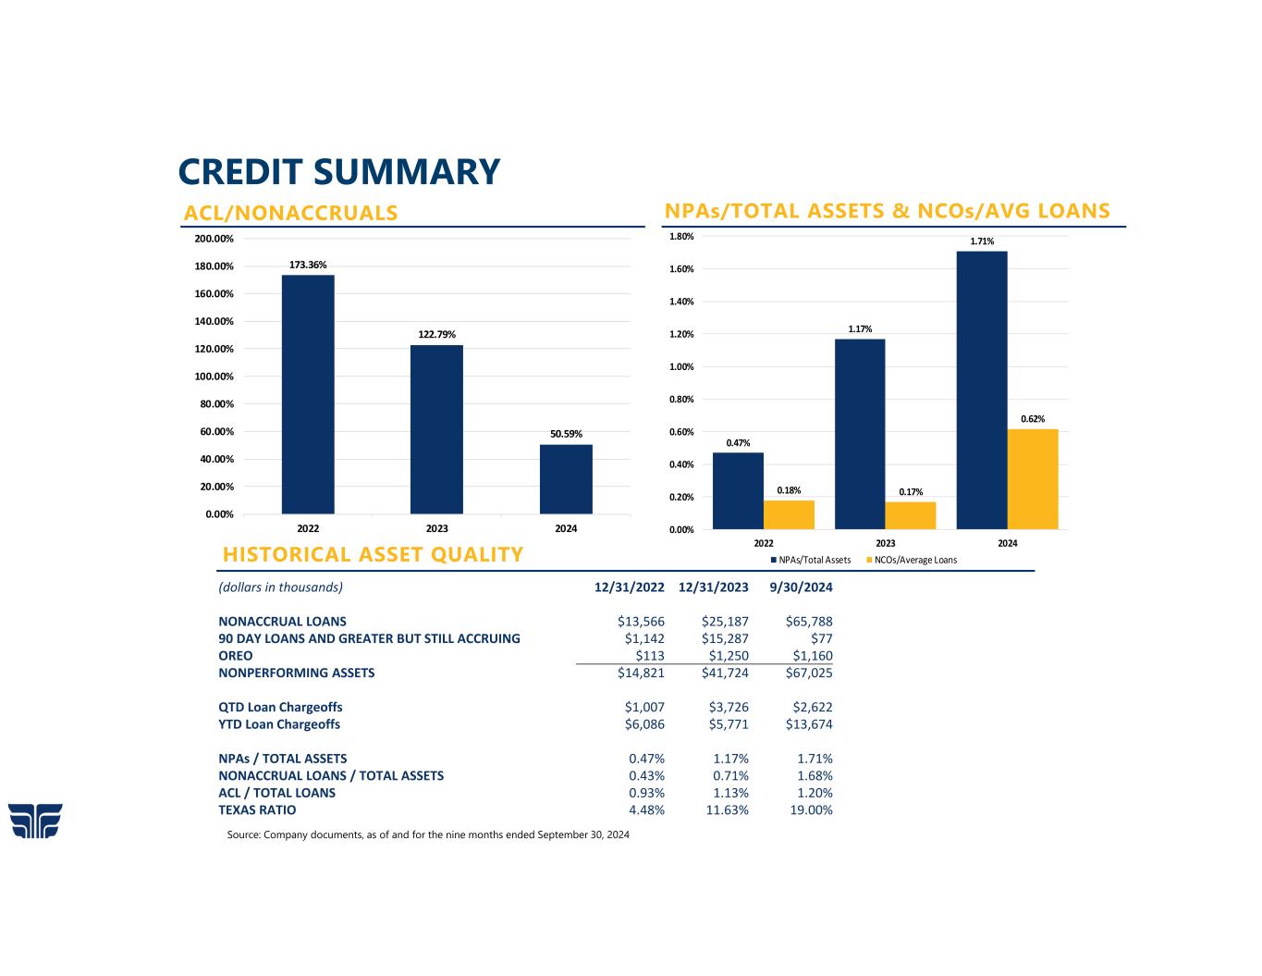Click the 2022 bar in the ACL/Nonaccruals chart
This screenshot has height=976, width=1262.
[308, 394]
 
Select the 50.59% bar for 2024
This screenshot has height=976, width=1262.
[566, 479]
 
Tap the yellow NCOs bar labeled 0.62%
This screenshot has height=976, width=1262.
[1033, 479]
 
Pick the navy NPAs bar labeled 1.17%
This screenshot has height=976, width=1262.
[860, 434]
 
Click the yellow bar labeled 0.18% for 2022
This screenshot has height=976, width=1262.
[789, 514]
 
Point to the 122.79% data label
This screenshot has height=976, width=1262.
[436, 334]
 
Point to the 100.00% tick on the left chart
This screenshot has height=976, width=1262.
[214, 377]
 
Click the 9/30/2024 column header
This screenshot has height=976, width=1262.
[801, 587]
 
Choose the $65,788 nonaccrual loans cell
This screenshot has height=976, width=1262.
[808, 622]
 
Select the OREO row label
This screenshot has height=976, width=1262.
[236, 656]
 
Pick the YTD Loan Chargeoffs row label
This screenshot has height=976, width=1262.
[279, 724]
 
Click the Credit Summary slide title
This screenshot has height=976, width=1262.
[338, 172]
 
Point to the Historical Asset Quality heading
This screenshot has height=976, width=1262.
[373, 554]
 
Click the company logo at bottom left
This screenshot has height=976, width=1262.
[35, 821]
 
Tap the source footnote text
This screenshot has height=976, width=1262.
[428, 834]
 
